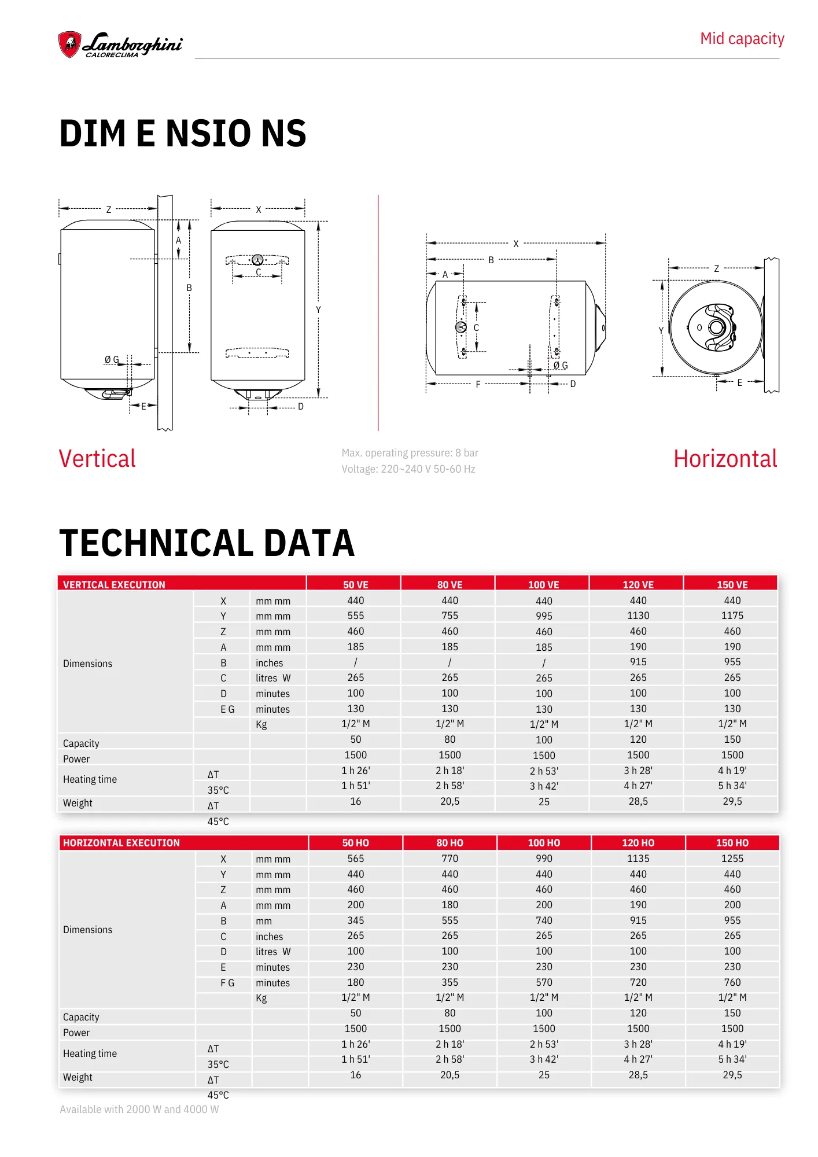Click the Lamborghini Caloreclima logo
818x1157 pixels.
(120, 45)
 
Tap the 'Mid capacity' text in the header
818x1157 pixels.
(742, 39)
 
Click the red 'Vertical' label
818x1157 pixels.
(97, 459)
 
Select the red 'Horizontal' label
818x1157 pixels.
(725, 459)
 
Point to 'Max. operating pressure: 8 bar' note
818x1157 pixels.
(410, 453)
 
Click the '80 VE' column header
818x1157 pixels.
(449, 584)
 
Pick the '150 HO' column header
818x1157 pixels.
(732, 843)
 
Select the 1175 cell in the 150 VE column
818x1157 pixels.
(732, 616)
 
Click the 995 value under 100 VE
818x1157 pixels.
(544, 616)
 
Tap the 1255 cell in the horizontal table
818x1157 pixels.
(732, 858)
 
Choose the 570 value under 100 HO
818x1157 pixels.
(544, 982)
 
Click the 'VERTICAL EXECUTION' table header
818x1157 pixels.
(114, 584)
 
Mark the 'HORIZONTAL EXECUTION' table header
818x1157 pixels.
(121, 843)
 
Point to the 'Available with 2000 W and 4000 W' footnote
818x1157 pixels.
(139, 1109)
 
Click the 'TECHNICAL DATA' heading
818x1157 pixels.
(207, 543)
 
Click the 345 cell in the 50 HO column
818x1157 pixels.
(355, 920)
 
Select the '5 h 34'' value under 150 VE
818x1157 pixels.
(732, 786)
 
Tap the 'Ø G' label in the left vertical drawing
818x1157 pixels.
(112, 360)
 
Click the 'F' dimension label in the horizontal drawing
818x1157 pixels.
(478, 384)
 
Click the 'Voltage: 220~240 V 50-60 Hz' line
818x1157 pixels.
(408, 469)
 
